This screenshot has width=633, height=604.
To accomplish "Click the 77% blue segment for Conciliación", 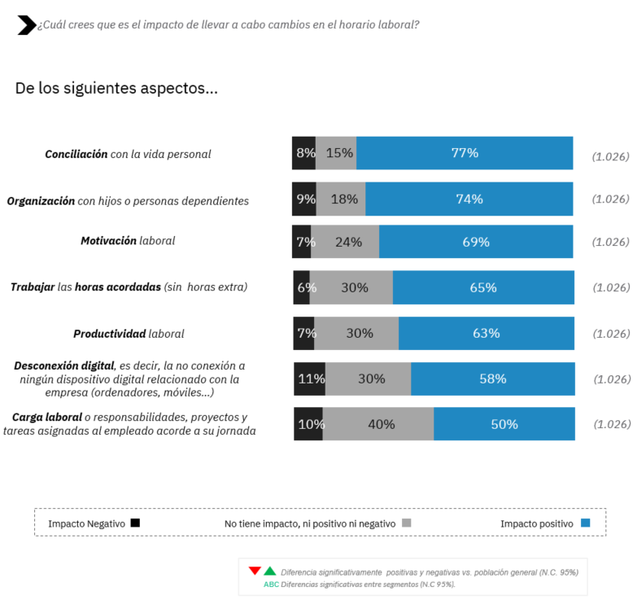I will point(465,153).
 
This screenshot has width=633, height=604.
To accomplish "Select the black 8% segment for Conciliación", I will point(303,153).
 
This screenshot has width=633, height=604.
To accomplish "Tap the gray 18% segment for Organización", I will point(341,199).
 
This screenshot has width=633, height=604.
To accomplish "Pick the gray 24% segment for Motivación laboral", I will point(345,242).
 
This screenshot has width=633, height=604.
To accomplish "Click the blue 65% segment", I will point(483,287).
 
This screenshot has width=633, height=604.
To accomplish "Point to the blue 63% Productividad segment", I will point(486,333).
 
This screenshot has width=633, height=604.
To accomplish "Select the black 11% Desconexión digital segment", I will point(310,379).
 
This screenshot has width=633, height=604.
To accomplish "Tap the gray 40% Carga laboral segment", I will point(378,423).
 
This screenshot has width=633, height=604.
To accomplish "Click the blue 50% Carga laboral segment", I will point(504,423).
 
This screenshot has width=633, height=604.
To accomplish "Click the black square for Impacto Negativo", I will point(135,523).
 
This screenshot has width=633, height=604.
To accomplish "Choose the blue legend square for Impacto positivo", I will point(585,523).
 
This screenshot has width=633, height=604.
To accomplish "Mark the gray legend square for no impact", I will point(406,523).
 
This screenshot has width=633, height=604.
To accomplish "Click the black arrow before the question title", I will point(26,25).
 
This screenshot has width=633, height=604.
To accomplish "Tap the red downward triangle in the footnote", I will point(255,571).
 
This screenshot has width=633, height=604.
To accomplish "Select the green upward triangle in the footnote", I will point(270,571).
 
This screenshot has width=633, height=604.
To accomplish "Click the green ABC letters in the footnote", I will point(271,584).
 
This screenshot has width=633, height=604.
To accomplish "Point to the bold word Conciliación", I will point(76,154).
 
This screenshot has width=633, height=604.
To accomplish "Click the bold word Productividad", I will point(109,334).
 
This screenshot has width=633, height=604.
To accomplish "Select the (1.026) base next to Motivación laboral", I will point(610,242).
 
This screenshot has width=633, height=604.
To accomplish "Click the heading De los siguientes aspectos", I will point(116,88).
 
